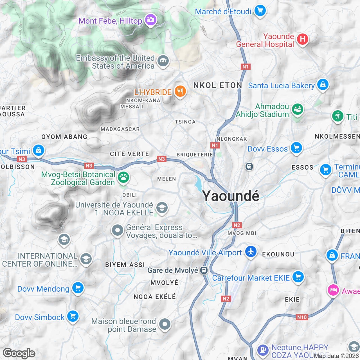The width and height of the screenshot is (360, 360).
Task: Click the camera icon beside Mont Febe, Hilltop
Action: [151, 20]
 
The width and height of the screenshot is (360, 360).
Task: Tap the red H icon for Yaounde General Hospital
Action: [302, 39]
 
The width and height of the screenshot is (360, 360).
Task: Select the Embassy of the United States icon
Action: [163, 61]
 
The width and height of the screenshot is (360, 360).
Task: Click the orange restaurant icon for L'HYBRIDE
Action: [180, 91]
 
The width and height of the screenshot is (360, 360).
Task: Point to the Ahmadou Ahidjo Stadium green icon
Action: [297, 109]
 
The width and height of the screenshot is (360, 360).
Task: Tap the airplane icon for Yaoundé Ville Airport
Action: [251, 251]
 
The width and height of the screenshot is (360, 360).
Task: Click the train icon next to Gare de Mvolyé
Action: [204, 270]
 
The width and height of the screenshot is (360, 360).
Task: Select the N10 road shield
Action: [302, 317]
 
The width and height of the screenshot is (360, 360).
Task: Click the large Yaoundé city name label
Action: [231, 196]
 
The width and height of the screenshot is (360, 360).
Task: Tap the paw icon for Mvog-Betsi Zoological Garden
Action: [123, 177]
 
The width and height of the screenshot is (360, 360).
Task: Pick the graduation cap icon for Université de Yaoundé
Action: [162, 208]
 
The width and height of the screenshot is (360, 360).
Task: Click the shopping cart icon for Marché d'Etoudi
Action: [260, 11]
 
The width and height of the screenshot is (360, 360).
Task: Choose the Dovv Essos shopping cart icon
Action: [296, 147]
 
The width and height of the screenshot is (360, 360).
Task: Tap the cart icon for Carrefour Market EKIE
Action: [298, 277]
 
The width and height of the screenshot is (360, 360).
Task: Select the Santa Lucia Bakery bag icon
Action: [323, 84]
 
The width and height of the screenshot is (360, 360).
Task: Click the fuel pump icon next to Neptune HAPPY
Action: [263, 350]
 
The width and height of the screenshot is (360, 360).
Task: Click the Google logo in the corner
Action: [19, 353]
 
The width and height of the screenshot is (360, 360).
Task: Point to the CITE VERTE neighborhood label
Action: [129, 154]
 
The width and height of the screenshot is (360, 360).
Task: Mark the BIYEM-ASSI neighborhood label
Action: [125, 265]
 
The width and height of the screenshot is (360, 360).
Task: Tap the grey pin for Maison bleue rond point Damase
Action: [165, 324]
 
